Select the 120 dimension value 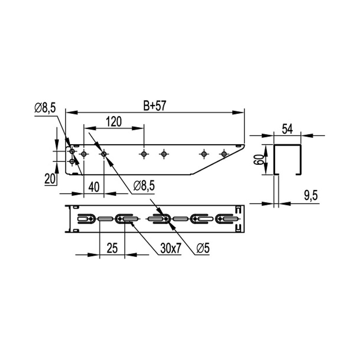click(114, 121)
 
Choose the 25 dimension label click(112, 249)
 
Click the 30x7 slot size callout click(171, 249)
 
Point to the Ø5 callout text click(203, 249)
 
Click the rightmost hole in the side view click(224, 153)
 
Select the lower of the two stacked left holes click(72, 162)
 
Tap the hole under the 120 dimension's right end click(144, 153)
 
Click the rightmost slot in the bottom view click(229, 219)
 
